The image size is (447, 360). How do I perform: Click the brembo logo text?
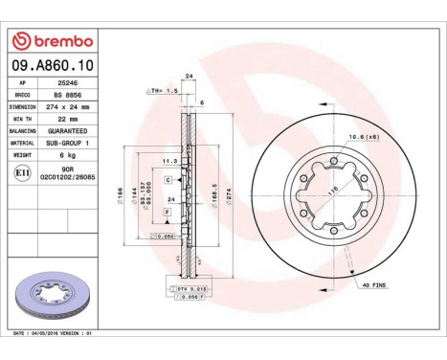[56, 41]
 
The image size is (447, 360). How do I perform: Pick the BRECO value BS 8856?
[67, 96]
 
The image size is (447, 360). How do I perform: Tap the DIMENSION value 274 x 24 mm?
[70, 107]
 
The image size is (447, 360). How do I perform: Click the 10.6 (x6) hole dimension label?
[360, 138]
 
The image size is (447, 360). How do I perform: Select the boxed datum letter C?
[168, 180]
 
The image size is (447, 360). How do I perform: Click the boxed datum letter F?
[167, 211]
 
